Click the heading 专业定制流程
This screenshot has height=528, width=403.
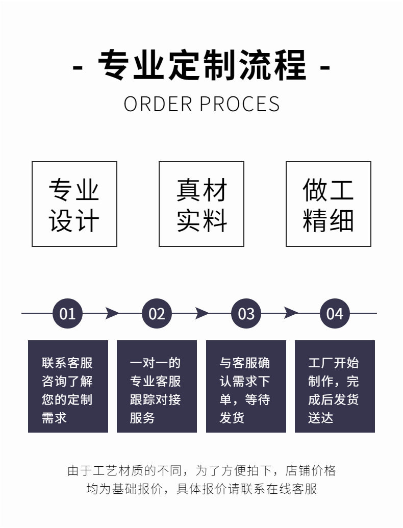click(202, 65)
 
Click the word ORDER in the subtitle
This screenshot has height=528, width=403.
click(158, 104)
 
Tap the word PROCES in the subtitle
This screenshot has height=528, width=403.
click(239, 104)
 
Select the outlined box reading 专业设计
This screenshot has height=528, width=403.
click(74, 204)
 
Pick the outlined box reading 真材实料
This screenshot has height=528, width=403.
click(202, 204)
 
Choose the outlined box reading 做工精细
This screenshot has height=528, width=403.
click(328, 204)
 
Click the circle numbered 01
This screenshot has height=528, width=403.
click(67, 313)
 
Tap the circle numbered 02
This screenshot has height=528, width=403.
click(157, 313)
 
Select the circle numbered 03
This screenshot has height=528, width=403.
click(246, 313)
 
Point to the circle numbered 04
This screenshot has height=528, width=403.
click(335, 313)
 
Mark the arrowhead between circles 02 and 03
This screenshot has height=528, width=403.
click(202, 313)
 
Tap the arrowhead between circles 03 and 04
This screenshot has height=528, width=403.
click(290, 313)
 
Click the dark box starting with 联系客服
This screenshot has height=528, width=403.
click(68, 386)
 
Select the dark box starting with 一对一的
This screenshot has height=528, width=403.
click(157, 386)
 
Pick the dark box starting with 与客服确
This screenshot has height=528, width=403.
click(246, 386)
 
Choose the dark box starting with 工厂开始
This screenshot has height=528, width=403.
click(335, 386)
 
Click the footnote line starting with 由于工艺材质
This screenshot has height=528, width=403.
click(202, 470)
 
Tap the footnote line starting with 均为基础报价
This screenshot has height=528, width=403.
click(202, 489)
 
